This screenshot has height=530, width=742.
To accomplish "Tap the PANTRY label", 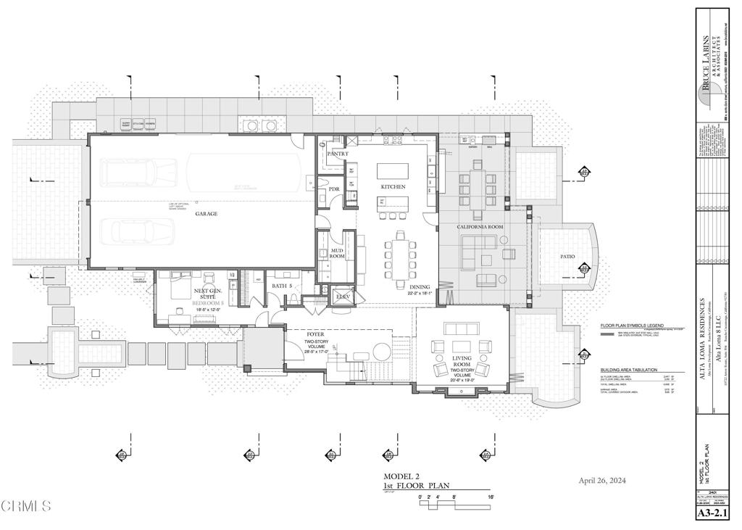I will pyautogui.click(x=338, y=154).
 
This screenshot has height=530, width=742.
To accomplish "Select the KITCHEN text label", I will pyautogui.click(x=393, y=187).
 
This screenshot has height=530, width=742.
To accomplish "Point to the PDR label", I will pyautogui.click(x=334, y=189).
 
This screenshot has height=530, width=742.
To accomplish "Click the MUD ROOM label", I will pyautogui.click(x=338, y=253).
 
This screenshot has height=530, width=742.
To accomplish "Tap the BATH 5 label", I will pyautogui.click(x=282, y=286).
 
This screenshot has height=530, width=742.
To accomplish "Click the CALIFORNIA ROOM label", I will pyautogui.click(x=480, y=228).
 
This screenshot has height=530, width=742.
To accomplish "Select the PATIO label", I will pyautogui.click(x=567, y=257).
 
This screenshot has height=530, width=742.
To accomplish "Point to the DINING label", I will pyautogui.click(x=420, y=287).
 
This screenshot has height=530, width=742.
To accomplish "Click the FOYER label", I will pyautogui.click(x=314, y=334).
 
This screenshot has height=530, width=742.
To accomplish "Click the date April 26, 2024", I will pyautogui.click(x=602, y=481).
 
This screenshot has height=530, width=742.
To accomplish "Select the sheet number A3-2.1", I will pyautogui.click(x=712, y=514).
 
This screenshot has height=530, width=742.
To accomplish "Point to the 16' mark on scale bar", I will pyautogui.click(x=491, y=497).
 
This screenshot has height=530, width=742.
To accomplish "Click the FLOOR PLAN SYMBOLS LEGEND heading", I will pyautogui.click(x=632, y=326).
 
